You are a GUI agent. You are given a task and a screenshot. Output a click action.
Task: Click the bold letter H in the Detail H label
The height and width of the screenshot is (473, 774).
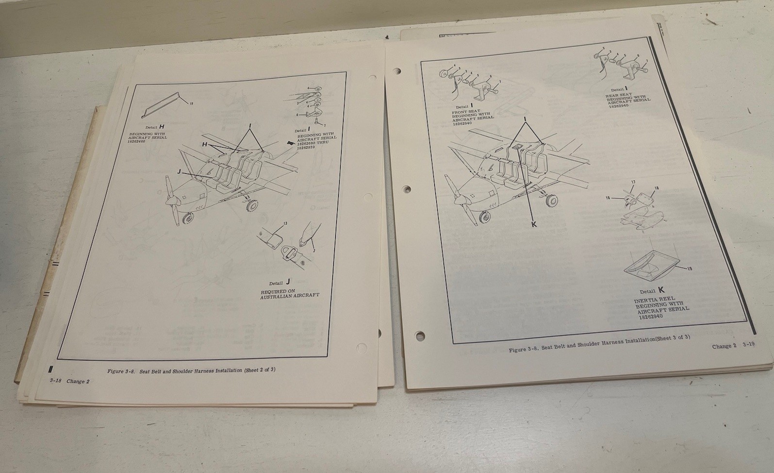(162, 127)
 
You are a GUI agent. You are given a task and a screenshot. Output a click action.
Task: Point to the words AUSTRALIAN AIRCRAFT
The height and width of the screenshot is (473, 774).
(290, 295)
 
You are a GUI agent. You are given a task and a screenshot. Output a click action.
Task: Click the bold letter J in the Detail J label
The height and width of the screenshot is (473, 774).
(288, 281)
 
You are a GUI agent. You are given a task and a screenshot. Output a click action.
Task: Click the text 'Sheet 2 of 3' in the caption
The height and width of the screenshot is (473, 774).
(260, 370)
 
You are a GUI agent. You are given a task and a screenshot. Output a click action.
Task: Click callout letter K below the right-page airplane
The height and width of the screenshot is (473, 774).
(534, 224)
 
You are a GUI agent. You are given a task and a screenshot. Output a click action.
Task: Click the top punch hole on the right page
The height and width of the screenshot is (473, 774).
(396, 70)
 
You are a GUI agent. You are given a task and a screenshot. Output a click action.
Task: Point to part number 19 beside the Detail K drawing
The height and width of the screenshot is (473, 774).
(690, 269)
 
